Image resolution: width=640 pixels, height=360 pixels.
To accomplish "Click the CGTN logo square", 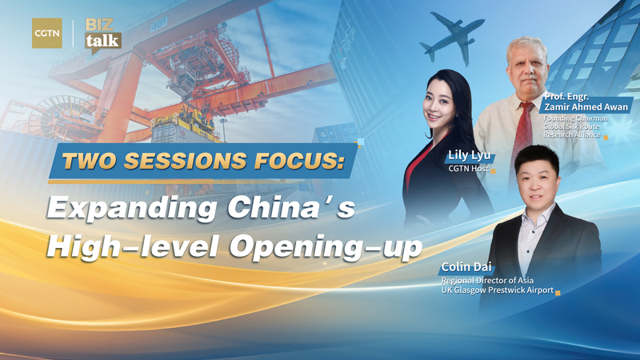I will pyautogui.click(x=46, y=33).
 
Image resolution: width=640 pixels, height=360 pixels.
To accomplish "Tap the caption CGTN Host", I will pyautogui.click(x=468, y=170).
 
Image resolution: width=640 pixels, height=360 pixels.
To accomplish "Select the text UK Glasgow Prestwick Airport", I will pyautogui.click(x=497, y=292).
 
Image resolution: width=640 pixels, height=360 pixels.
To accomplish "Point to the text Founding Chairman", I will pyautogui.click(x=578, y=119).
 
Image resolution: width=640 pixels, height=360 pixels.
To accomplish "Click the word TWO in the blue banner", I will pyautogui.click(x=85, y=162).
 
